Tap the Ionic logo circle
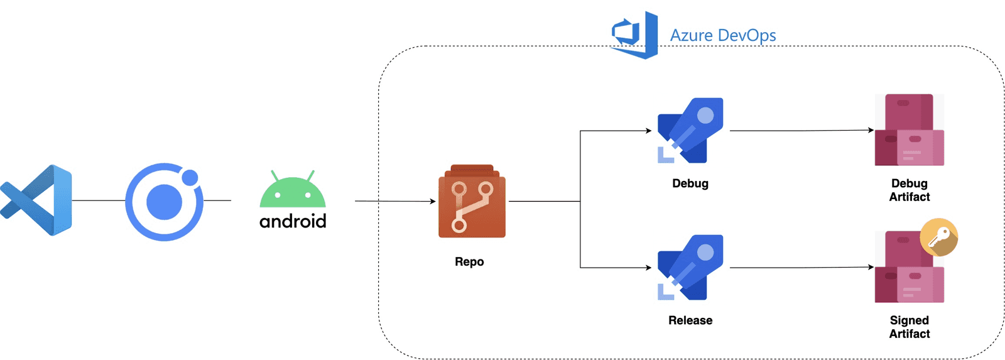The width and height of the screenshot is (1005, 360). click(164, 202)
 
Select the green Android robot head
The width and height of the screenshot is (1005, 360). click(293, 192)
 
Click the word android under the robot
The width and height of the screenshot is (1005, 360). click(293, 221)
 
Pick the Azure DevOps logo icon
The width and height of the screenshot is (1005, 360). click(635, 35)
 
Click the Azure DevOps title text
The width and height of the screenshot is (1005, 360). click(722, 35)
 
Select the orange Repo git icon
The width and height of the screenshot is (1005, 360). click(472, 202)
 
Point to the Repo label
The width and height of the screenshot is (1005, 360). click(469, 261)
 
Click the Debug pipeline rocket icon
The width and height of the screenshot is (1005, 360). click(690, 131)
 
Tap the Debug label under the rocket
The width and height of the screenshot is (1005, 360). click(690, 183)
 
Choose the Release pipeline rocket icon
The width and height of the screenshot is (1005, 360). click(690, 268)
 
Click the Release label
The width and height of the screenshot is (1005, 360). click(690, 320)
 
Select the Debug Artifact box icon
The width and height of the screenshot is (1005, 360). click(909, 131)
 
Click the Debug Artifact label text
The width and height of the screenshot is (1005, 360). click(909, 190)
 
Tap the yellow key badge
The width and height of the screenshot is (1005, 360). click(938, 237)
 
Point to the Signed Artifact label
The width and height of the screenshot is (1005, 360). click(909, 327)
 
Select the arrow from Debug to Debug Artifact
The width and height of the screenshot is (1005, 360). click(801, 131)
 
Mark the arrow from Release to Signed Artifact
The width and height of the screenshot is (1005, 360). click(801, 268)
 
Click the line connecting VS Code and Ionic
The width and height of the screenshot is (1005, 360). click(99, 200)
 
